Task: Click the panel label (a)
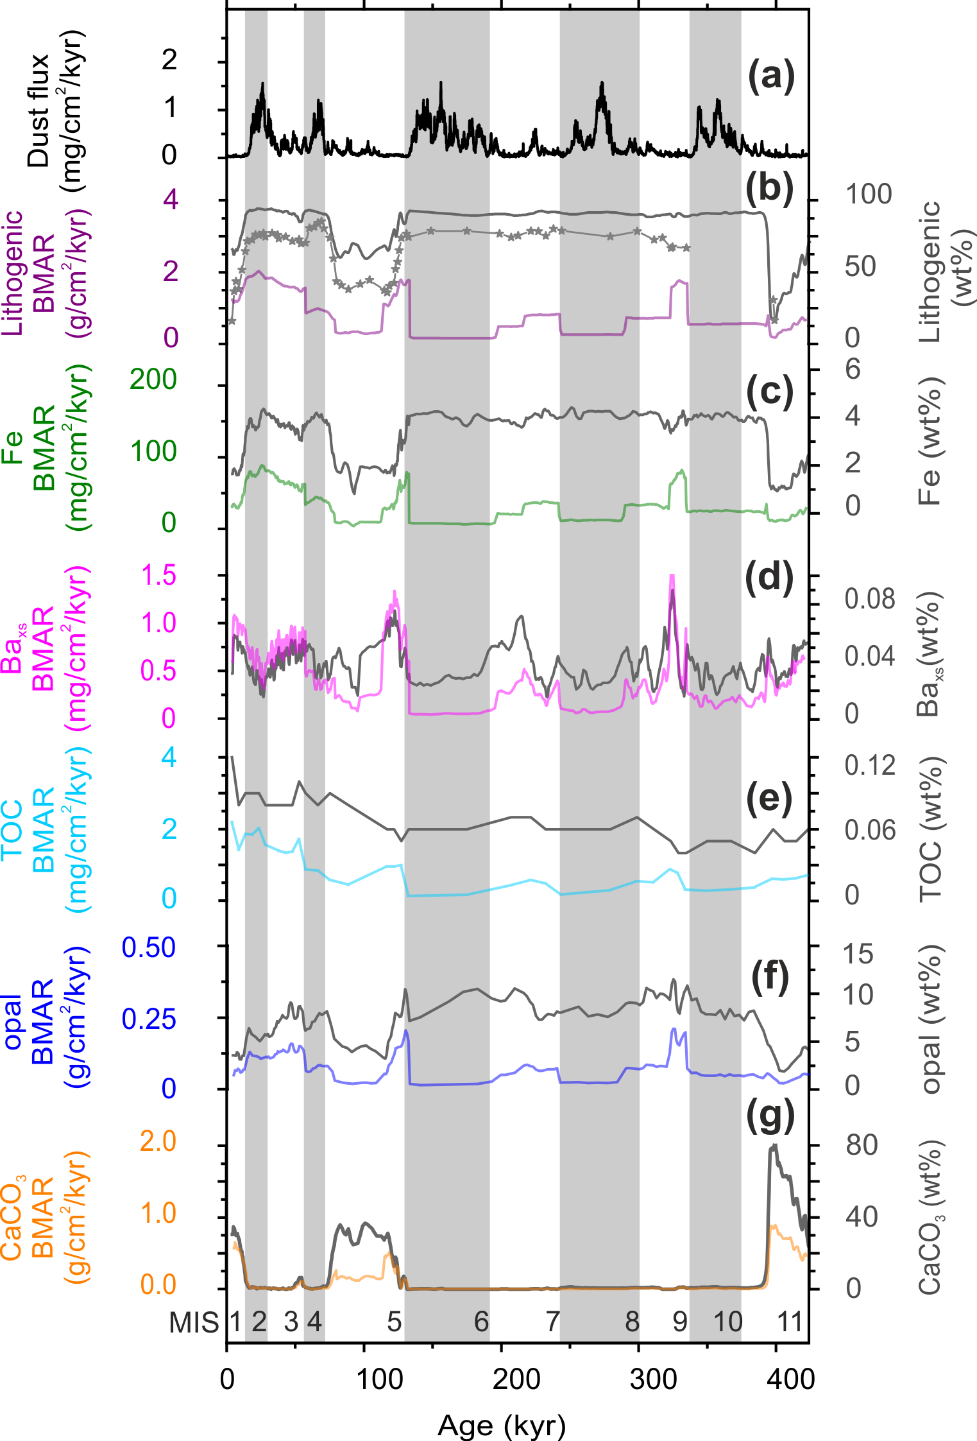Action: coord(770,76)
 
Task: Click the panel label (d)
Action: coord(769,578)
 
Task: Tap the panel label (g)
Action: coord(770,1117)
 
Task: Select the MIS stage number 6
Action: coord(481,1322)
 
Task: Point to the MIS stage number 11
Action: coord(790,1322)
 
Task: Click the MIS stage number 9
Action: coord(680,1322)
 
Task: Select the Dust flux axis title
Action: coord(56,110)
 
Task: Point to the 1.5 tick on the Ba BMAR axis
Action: coord(158,575)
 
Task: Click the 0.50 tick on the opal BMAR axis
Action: coord(149,947)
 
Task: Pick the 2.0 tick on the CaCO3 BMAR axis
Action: coord(158,1141)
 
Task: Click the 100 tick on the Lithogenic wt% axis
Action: coord(868,194)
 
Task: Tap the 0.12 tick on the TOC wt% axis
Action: coord(869,765)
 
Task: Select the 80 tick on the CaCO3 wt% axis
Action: coord(861,1144)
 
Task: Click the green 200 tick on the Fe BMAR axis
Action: coord(153,379)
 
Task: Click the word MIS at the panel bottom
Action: coord(194,1322)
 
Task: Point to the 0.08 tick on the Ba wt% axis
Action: coord(869,599)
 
